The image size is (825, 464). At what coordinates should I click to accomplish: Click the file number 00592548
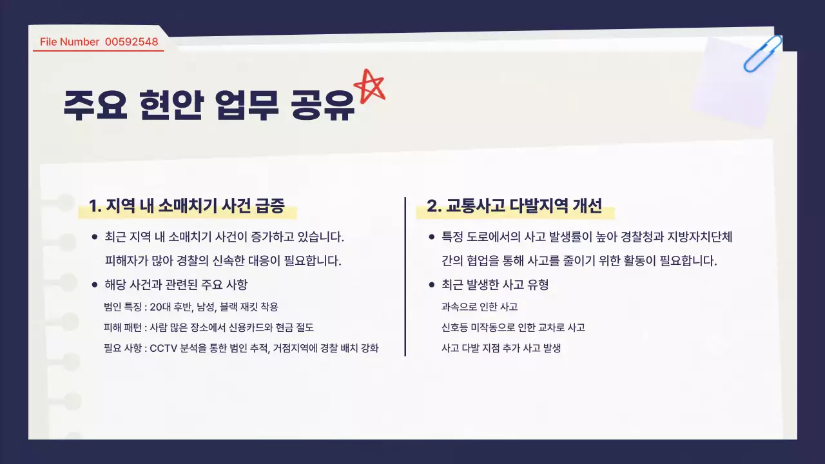(131, 42)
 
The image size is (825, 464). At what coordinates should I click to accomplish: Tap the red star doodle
(369, 86)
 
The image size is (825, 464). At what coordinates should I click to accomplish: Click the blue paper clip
(762, 53)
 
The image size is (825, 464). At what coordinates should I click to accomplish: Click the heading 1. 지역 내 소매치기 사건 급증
(186, 206)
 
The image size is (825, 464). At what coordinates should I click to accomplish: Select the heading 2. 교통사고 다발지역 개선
(514, 206)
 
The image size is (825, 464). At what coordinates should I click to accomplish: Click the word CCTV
(164, 349)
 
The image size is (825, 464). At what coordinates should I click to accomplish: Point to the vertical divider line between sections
(405, 276)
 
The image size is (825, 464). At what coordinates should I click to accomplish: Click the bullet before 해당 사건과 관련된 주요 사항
(95, 284)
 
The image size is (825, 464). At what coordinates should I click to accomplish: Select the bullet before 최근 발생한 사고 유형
(432, 284)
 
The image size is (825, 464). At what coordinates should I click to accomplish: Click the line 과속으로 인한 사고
(480, 307)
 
